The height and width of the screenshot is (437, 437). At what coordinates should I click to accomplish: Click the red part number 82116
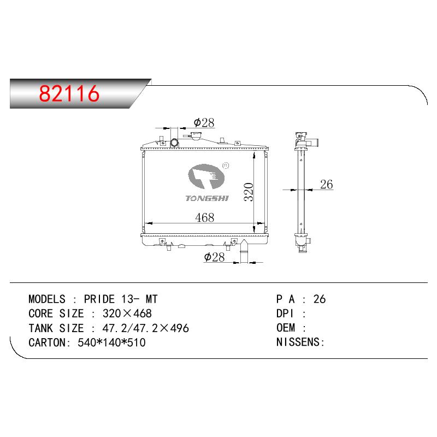pyautogui.click(x=69, y=93)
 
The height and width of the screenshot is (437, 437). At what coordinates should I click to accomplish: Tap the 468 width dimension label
pyautogui.click(x=204, y=217)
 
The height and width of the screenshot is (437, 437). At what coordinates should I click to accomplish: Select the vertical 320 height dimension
pyautogui.click(x=249, y=192)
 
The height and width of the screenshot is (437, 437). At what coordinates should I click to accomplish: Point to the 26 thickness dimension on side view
pyautogui.click(x=326, y=184)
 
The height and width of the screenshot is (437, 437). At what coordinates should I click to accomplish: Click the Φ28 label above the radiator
pyautogui.click(x=204, y=122)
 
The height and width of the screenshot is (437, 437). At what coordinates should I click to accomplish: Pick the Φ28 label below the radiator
pyautogui.click(x=214, y=257)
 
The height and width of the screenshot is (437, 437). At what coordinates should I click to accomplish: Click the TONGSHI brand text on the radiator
pyautogui.click(x=207, y=198)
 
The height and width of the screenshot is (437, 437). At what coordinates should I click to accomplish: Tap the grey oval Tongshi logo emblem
pyautogui.click(x=206, y=176)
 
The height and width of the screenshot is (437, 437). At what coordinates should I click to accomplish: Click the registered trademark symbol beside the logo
pyautogui.click(x=226, y=166)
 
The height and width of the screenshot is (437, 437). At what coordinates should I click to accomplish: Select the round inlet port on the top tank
pyautogui.click(x=174, y=143)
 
